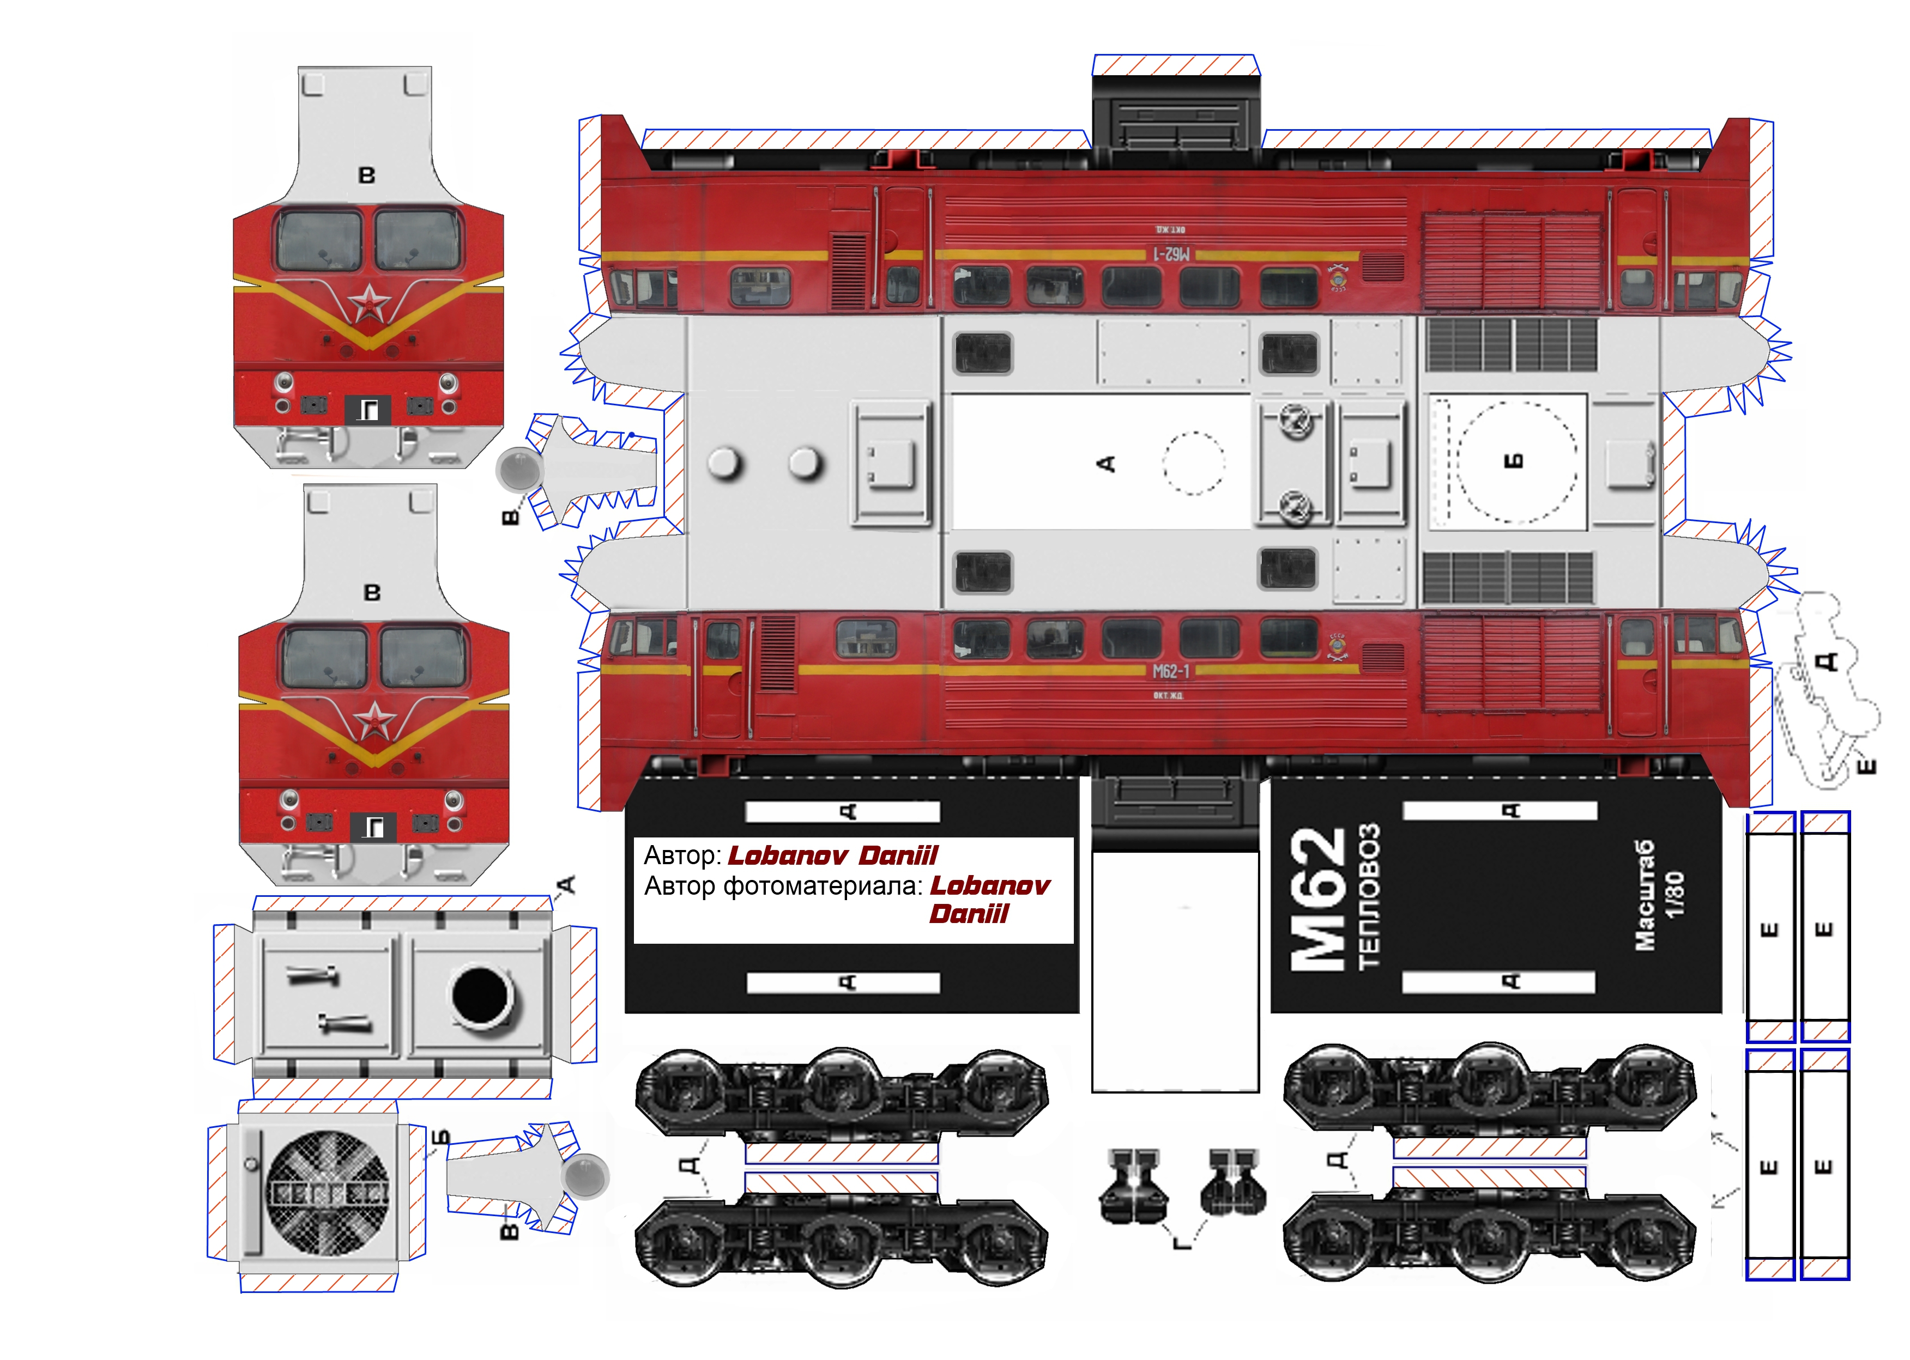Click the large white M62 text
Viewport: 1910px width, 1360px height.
coord(1317,900)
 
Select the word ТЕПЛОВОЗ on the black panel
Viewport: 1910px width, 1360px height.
coord(1369,896)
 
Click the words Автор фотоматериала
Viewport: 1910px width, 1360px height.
coord(783,886)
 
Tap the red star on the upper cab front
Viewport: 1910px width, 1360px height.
coord(368,303)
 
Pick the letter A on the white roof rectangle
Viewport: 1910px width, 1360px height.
coord(1106,463)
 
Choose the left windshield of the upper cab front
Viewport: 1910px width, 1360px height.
coord(319,240)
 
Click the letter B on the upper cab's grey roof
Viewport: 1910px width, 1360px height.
coord(366,176)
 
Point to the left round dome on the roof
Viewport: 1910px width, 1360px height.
coord(724,463)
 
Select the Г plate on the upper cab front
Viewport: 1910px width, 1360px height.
coord(368,410)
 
